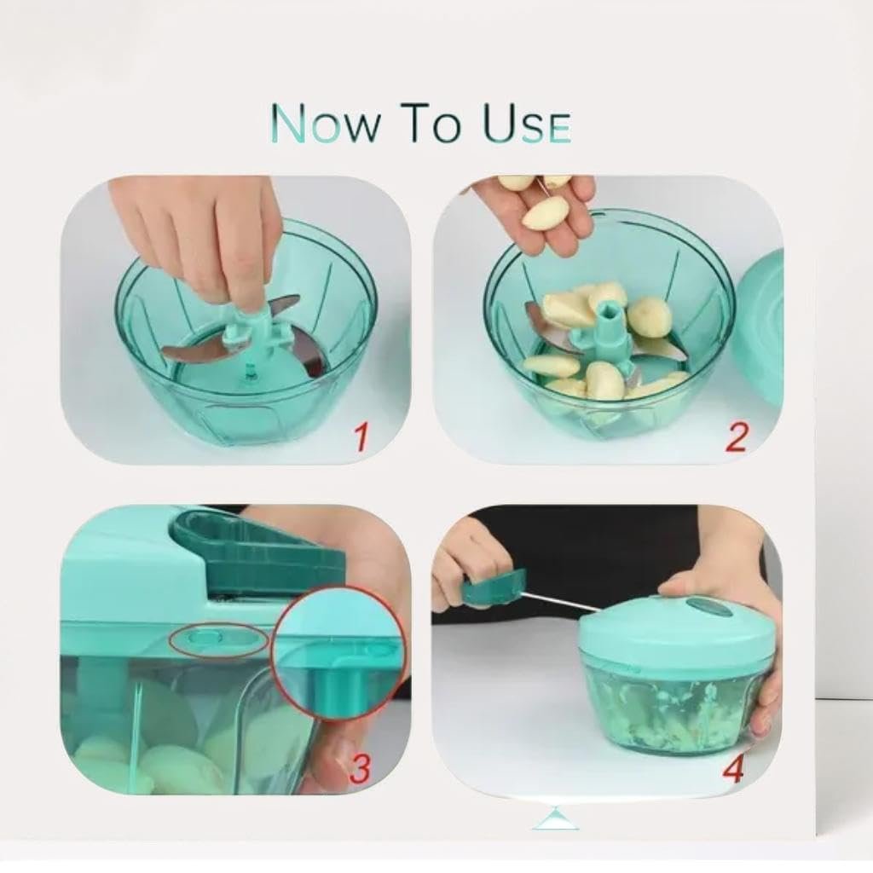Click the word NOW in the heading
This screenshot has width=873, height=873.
pos(327,123)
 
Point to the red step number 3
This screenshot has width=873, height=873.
pos(360,769)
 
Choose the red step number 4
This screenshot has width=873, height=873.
pos(735,769)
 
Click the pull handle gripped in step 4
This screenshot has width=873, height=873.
pos(494,587)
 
